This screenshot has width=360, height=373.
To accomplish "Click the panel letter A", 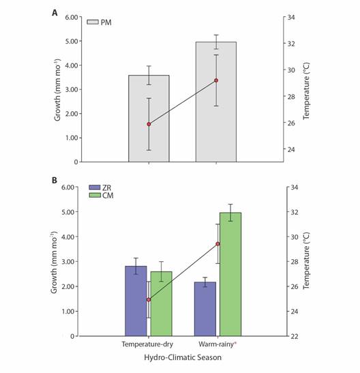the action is coord(55,13).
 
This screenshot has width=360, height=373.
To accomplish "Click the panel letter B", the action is coord(55,180).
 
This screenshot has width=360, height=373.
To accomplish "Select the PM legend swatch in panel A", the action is coord(93,22).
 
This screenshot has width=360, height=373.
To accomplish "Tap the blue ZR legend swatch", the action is coord(94,188).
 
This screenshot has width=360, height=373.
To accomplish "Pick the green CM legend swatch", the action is coord(94,195).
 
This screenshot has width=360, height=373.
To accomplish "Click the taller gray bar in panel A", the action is coord(216,102).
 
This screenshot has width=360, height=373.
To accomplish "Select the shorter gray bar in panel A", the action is coord(149,119).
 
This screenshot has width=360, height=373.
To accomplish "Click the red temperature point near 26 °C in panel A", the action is coord(149,124).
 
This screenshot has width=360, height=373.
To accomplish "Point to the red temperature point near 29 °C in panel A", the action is coord(216,80).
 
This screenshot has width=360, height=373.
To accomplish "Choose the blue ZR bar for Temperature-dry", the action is coord(136,301).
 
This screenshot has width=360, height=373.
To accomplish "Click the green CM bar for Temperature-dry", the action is coord(161,303).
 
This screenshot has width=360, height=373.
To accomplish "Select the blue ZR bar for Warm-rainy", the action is coord(205,309).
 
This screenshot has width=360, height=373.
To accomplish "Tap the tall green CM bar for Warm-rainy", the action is coord(230,274).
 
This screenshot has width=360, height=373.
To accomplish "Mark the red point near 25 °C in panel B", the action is coord(149,300).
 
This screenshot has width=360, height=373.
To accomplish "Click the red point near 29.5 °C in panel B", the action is coord(217,244).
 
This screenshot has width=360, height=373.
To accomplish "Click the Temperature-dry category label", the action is coord(147,344).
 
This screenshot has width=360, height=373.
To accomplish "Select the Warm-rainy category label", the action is coord(216,344).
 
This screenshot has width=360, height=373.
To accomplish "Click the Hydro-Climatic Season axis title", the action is coord(183,357).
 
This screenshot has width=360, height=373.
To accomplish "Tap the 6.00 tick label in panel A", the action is coord(72,17).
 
